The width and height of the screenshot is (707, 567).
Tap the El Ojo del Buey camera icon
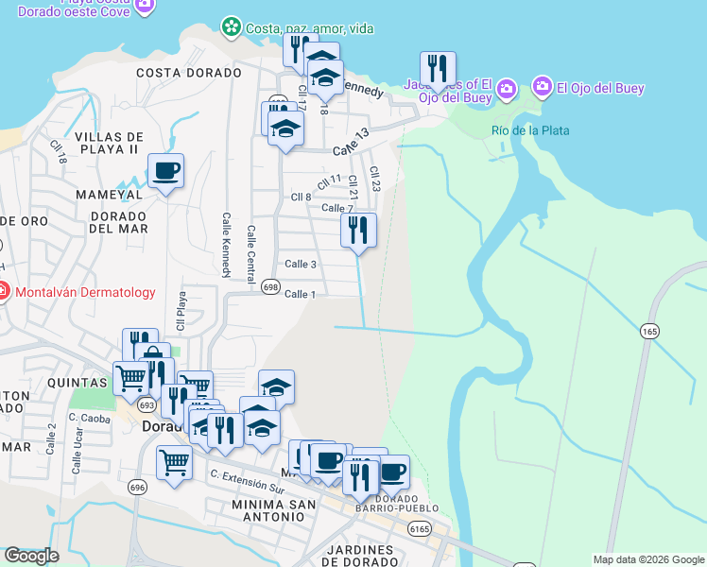pyautogui.click(x=542, y=88)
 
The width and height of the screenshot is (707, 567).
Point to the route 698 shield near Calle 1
pyautogui.click(x=270, y=287)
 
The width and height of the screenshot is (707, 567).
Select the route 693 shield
pyautogui.click(x=146, y=404)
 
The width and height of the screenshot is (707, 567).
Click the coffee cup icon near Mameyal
pyautogui.click(x=165, y=171)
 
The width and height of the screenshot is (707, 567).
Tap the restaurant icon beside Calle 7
pyautogui.click(x=358, y=230)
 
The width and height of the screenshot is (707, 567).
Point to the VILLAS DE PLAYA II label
pyautogui.click(x=109, y=144)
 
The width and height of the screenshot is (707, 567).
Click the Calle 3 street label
pyautogui.click(x=301, y=264)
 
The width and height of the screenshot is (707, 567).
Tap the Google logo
pyautogui.click(x=31, y=556)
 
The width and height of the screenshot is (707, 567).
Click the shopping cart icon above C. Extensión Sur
pyautogui.click(x=174, y=464)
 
